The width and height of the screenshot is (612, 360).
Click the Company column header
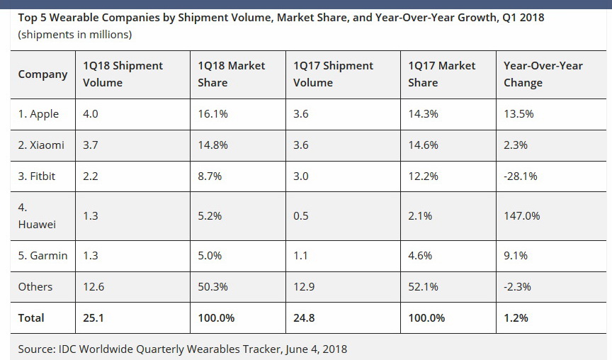click(42, 74)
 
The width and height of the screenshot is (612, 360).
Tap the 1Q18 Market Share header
click(232, 74)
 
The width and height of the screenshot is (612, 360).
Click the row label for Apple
click(39, 114)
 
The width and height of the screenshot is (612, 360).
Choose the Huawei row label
click(37, 215)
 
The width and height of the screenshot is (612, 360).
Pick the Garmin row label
click(42, 256)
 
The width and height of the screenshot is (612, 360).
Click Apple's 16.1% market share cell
click(210, 114)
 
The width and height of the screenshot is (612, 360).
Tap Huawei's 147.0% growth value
click(521, 215)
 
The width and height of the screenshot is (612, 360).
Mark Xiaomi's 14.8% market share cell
click(210, 145)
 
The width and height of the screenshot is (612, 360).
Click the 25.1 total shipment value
click(93, 318)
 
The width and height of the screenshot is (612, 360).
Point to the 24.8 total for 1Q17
click(304, 318)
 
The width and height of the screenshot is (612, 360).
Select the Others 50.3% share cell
click(210, 287)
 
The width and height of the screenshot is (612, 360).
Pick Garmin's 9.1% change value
click(516, 256)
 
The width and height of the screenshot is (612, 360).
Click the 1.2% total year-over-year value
click(516, 318)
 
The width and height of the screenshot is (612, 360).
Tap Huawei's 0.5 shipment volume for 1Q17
click(301, 215)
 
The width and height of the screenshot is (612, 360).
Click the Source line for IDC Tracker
click(183, 349)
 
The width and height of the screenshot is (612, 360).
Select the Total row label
click(31, 318)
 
